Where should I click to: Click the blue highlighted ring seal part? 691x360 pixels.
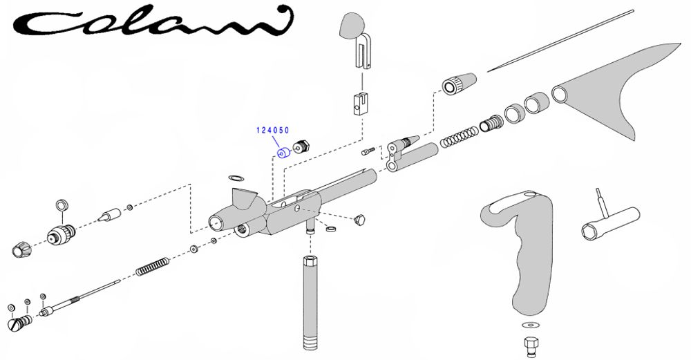click(282, 152)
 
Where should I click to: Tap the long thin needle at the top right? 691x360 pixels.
click(560, 41)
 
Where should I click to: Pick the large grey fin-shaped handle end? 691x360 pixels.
click(608, 90)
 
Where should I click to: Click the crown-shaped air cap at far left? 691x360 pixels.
click(21, 247)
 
